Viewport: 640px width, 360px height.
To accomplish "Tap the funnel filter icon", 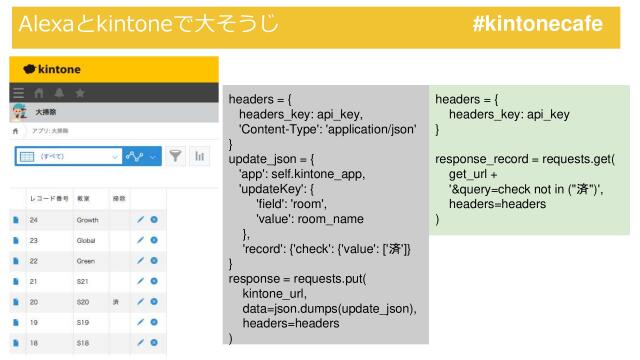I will click(176, 155).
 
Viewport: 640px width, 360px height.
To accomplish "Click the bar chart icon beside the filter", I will click(199, 155).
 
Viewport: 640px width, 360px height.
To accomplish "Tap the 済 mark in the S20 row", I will click(116, 302).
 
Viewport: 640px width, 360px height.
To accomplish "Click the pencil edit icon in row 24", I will click(141, 218).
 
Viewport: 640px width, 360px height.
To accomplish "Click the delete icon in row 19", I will click(154, 323).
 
